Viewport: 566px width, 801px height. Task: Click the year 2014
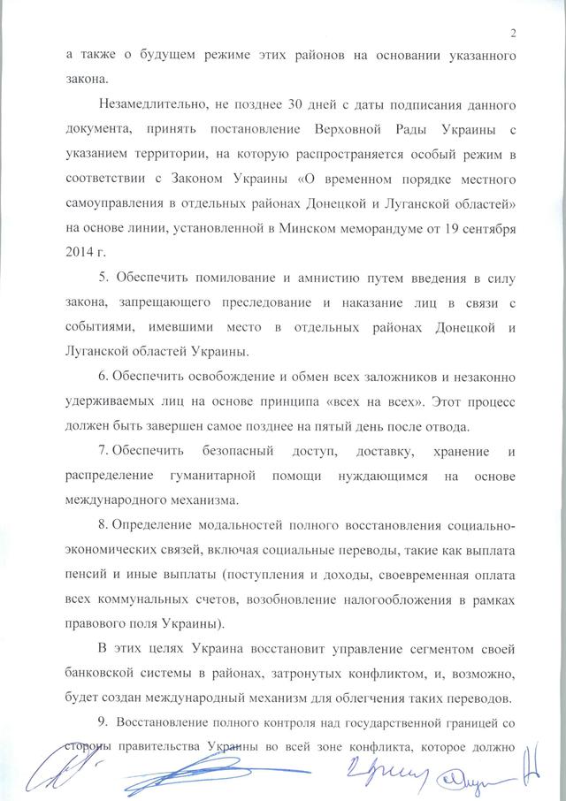click(80, 255)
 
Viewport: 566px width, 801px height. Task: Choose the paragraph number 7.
click(103, 454)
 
